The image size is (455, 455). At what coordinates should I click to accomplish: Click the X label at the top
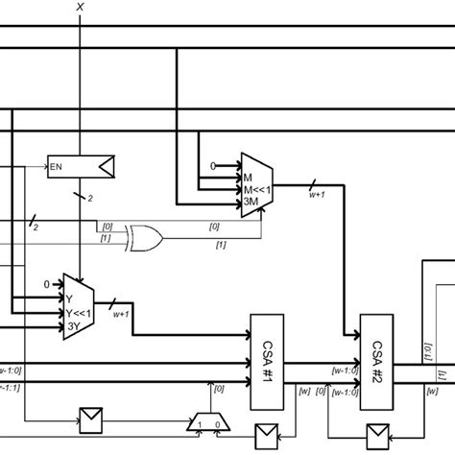[x=80, y=7]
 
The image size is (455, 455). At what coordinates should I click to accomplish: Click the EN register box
[x=81, y=167]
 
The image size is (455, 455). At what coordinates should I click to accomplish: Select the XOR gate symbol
[x=145, y=235]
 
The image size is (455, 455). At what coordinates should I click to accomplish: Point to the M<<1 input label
[x=256, y=189]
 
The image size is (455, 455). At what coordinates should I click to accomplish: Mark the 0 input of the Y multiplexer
[x=45, y=284]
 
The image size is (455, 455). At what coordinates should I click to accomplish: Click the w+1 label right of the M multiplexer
[x=316, y=195]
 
